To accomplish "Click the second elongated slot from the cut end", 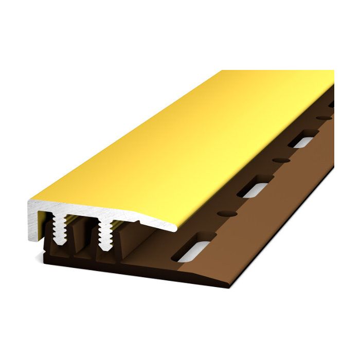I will (x=253, y=188).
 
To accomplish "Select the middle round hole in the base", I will (x=280, y=160).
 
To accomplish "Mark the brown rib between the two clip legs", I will (x=82, y=240).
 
